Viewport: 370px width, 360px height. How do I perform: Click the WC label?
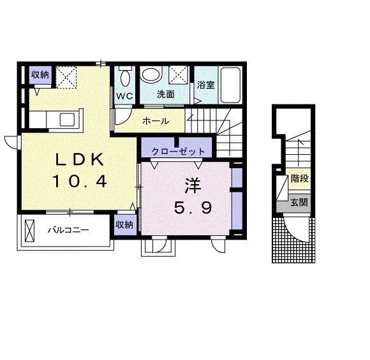tap(124, 96)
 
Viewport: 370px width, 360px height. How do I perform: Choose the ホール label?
tap(156, 120)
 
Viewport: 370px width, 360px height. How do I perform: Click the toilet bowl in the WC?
tap(124, 77)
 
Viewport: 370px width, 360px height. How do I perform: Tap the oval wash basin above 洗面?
tap(151, 76)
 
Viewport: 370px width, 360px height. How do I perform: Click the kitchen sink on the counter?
tap(66, 119)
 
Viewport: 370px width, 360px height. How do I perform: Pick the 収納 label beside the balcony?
tap(124, 225)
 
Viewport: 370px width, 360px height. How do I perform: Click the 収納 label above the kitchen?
tap(40, 75)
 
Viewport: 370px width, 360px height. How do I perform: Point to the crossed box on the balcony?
tap(30, 231)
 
